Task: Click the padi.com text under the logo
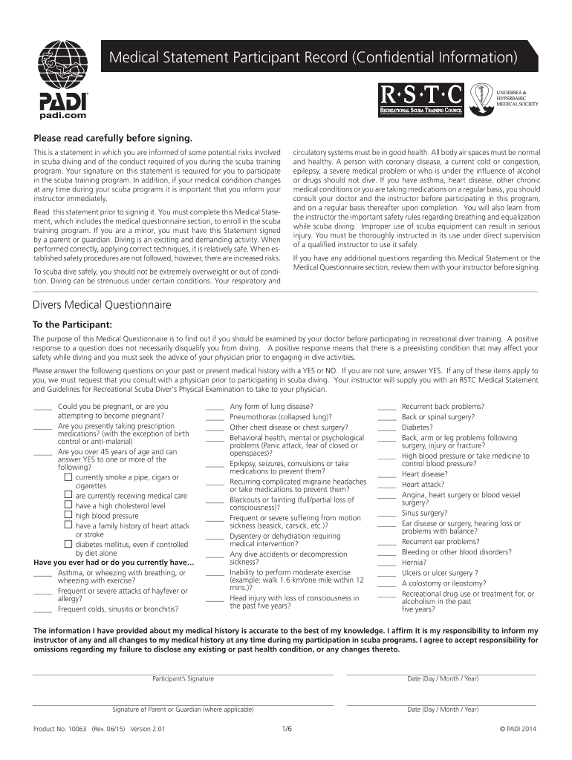click(x=62, y=116)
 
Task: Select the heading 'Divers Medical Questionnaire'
click(x=102, y=305)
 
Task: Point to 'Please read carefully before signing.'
click(x=112, y=138)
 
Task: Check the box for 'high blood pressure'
click(x=68, y=515)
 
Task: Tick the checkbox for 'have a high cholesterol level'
click(x=68, y=505)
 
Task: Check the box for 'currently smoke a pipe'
click(x=68, y=476)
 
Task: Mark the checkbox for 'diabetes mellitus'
click(x=68, y=544)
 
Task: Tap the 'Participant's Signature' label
click(x=183, y=678)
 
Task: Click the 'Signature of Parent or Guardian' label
click(x=183, y=709)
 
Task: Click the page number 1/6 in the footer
click(x=287, y=729)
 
